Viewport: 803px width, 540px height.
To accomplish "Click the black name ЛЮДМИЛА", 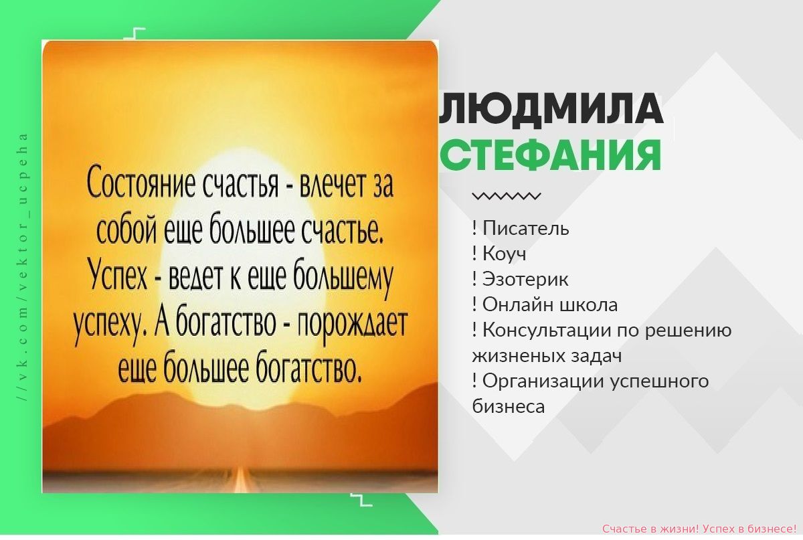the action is point(551,110).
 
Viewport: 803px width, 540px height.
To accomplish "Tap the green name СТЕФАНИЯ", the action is point(550,156).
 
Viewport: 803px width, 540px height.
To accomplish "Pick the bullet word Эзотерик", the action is point(525,279).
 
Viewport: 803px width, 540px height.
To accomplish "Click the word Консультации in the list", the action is point(548,331).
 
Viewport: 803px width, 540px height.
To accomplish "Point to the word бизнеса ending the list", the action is point(509,407).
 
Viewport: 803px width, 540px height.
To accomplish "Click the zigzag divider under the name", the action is point(507,196).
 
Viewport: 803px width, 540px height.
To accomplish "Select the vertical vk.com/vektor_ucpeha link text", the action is point(23,268).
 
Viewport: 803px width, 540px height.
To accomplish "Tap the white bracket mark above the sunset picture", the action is point(135,33).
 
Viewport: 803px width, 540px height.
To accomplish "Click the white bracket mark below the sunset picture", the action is point(361,500).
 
